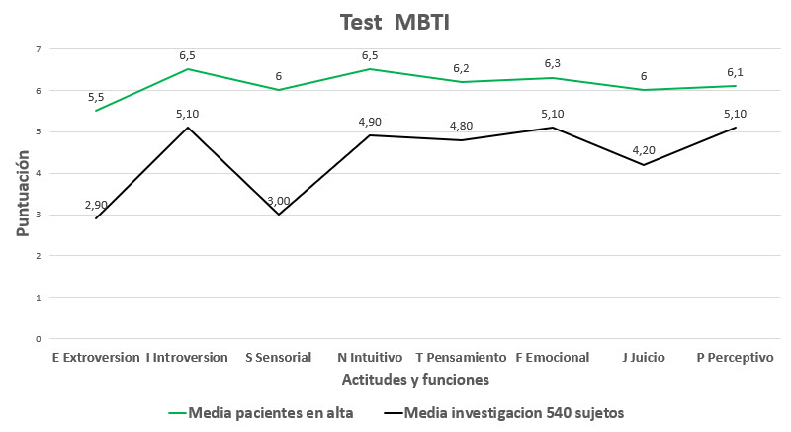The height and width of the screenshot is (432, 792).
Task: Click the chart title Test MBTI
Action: pos(396,23)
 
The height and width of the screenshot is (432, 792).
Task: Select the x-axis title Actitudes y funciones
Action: pos(415,379)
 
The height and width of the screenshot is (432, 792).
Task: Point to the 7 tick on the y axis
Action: pos(38,49)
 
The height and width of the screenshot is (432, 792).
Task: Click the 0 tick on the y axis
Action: pos(38,338)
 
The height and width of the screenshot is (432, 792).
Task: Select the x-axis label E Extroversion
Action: pos(96,357)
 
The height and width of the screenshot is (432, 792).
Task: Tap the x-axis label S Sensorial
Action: pos(279,357)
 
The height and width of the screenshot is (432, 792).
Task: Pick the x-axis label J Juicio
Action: pos(644,357)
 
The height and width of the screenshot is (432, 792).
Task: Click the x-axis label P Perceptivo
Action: pos(735,357)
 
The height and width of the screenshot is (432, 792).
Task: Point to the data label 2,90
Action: pos(96,204)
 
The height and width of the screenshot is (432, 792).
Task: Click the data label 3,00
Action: pos(279,200)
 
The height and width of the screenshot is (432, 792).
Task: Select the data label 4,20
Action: pos(644,150)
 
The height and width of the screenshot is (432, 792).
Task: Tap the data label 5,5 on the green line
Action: pos(96,97)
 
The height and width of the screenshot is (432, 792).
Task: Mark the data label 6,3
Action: pos(553,63)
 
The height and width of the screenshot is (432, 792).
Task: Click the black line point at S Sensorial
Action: pos(279,215)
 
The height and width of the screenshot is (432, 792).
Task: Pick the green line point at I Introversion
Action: pos(187,69)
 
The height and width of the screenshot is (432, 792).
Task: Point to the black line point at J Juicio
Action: pos(644,165)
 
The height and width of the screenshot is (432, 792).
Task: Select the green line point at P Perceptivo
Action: pos(735,86)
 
